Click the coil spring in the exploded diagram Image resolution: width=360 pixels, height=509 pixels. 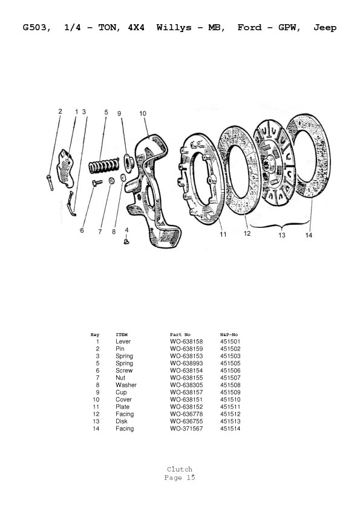tap(103, 165)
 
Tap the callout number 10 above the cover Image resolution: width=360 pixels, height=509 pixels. tap(143, 114)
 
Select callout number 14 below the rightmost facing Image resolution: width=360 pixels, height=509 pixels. tap(309, 235)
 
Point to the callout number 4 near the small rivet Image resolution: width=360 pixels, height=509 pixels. tap(126, 230)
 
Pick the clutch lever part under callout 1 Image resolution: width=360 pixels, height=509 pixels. tap(65, 168)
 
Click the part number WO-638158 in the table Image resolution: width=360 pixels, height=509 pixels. tap(186, 342)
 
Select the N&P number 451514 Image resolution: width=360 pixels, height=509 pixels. tap(231, 429)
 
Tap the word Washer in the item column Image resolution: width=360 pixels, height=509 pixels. tap(126, 385)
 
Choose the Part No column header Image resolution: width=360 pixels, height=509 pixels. tap(180, 335)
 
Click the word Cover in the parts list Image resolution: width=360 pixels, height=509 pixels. tap(124, 400)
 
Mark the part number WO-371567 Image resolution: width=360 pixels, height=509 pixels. tap(186, 429)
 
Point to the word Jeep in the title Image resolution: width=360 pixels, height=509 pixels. tap(325, 28)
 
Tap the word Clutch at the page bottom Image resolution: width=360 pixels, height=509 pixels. tap(180, 469)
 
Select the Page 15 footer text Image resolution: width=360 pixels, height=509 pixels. tap(180, 478)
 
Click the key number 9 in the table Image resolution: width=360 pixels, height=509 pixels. tap(97, 392)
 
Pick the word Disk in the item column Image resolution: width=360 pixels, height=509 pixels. tap(122, 421)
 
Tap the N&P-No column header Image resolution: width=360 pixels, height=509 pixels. tap(229, 335)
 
